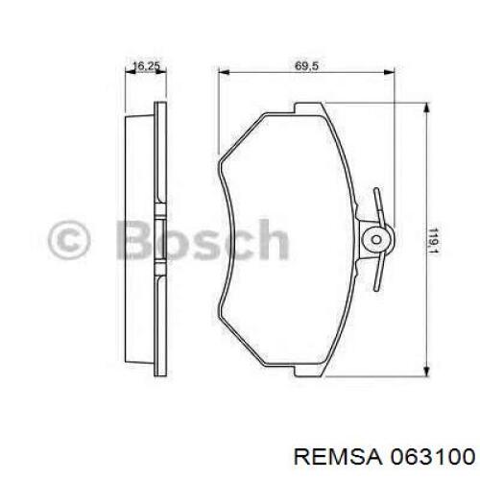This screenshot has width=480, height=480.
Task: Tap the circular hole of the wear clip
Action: [x=375, y=236]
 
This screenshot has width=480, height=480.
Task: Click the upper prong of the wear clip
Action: [x=378, y=202]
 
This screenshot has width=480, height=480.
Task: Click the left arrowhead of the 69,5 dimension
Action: [x=224, y=73]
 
